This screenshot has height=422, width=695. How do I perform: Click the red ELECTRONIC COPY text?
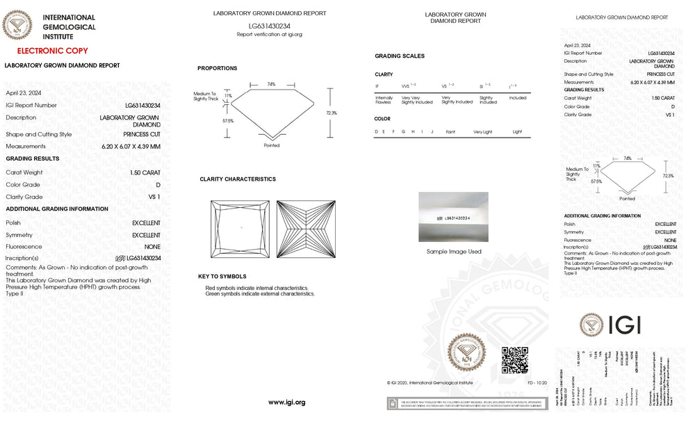(52, 51)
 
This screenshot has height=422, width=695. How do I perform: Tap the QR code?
(514, 359)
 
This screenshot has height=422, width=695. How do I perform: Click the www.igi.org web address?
(286, 402)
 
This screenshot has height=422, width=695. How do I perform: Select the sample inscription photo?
(453, 218)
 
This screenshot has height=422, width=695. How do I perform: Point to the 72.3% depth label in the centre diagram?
(332, 113)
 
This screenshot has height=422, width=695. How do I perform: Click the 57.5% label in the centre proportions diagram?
(227, 120)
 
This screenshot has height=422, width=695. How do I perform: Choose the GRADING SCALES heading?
(399, 56)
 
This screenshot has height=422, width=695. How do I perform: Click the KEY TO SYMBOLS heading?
(222, 277)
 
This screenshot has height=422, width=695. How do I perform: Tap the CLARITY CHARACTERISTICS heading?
(238, 179)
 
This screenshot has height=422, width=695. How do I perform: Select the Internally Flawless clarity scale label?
(384, 100)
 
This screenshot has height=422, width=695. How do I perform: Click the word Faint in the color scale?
(450, 131)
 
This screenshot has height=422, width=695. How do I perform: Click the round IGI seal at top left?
(17, 26)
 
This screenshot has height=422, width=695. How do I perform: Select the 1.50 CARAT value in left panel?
(145, 172)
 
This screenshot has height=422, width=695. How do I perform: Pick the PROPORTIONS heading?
(217, 68)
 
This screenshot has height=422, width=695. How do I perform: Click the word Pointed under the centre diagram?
(272, 145)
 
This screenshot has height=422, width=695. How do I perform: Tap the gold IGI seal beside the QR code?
(466, 354)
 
